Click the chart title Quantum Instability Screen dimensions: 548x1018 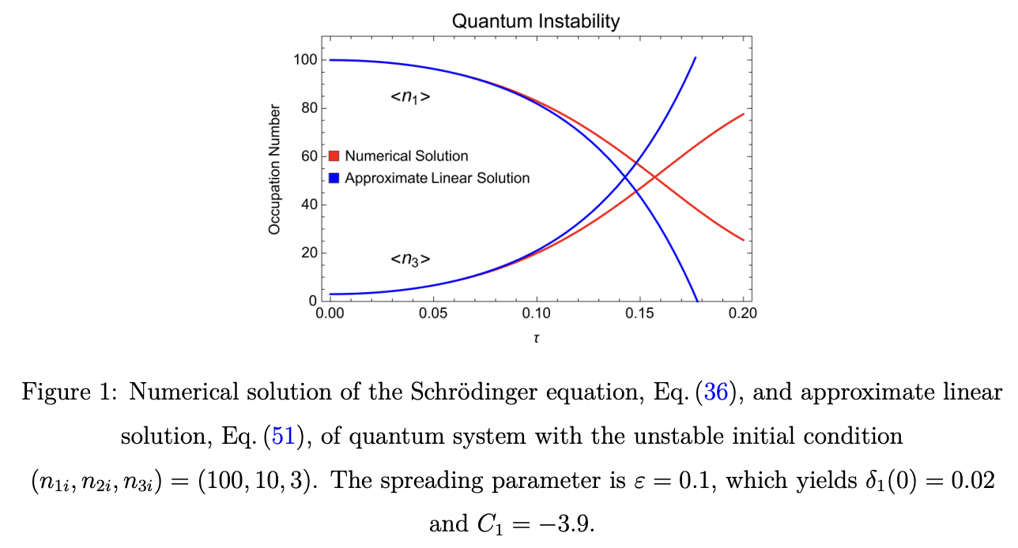[x=535, y=21]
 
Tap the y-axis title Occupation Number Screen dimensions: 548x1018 [x=274, y=169]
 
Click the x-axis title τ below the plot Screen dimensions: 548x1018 [x=536, y=338]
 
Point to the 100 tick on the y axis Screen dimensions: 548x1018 [x=304, y=60]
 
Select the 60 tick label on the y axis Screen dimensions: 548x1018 [x=307, y=156]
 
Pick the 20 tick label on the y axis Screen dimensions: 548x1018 [x=307, y=253]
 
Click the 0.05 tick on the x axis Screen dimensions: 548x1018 [x=432, y=313]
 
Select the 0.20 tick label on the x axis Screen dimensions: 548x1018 [x=743, y=313]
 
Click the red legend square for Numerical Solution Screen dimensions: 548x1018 [x=334, y=156]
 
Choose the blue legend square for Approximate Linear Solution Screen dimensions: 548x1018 [x=334, y=178]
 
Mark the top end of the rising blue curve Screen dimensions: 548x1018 [x=695, y=58]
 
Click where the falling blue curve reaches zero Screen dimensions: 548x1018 [x=696, y=301]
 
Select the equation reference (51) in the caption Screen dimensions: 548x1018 [x=284, y=436]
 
